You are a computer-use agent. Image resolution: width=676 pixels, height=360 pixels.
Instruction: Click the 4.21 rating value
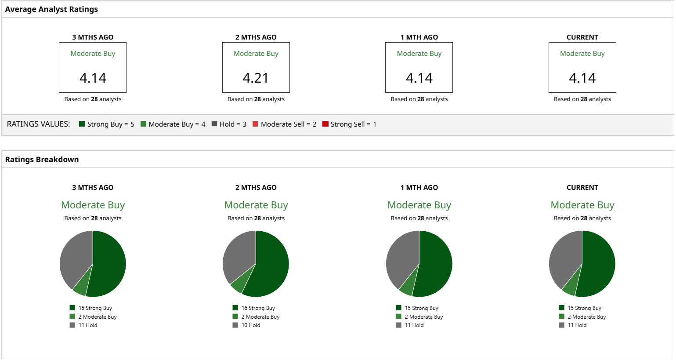pyautogui.click(x=256, y=78)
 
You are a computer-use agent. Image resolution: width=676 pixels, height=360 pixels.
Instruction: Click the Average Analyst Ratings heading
pyautogui.click(x=51, y=9)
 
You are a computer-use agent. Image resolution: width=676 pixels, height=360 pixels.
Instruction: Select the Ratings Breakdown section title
pyautogui.click(x=42, y=160)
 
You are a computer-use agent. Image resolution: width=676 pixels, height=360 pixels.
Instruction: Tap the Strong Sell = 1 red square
pyautogui.click(x=325, y=124)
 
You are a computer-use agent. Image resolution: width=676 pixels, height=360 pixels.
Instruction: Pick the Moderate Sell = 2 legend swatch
pyautogui.click(x=256, y=124)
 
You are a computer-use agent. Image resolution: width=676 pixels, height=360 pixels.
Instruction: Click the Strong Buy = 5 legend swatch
pyautogui.click(x=82, y=124)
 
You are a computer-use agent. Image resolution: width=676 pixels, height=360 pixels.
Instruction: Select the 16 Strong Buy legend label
pyautogui.click(x=258, y=308)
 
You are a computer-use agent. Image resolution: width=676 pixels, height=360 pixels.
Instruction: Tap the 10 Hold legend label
pyautogui.click(x=250, y=325)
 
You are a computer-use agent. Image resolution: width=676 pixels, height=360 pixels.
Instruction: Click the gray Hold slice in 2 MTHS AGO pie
pyautogui.click(x=237, y=255)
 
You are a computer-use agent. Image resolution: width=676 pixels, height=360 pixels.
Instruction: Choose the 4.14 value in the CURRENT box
pyautogui.click(x=582, y=78)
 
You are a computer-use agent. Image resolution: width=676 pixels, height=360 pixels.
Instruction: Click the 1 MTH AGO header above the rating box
pyautogui.click(x=419, y=37)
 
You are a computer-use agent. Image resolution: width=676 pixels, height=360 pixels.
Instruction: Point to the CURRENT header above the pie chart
pyautogui.click(x=582, y=188)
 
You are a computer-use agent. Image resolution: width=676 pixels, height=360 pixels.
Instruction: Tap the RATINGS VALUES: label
pyautogui.click(x=39, y=124)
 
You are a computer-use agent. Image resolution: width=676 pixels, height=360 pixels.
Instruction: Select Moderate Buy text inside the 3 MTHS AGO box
pyautogui.click(x=93, y=54)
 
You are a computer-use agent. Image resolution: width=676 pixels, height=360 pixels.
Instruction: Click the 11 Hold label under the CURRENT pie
pyautogui.click(x=577, y=325)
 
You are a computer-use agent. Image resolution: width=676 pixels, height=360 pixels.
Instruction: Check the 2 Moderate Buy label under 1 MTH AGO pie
pyautogui.click(x=423, y=317)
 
